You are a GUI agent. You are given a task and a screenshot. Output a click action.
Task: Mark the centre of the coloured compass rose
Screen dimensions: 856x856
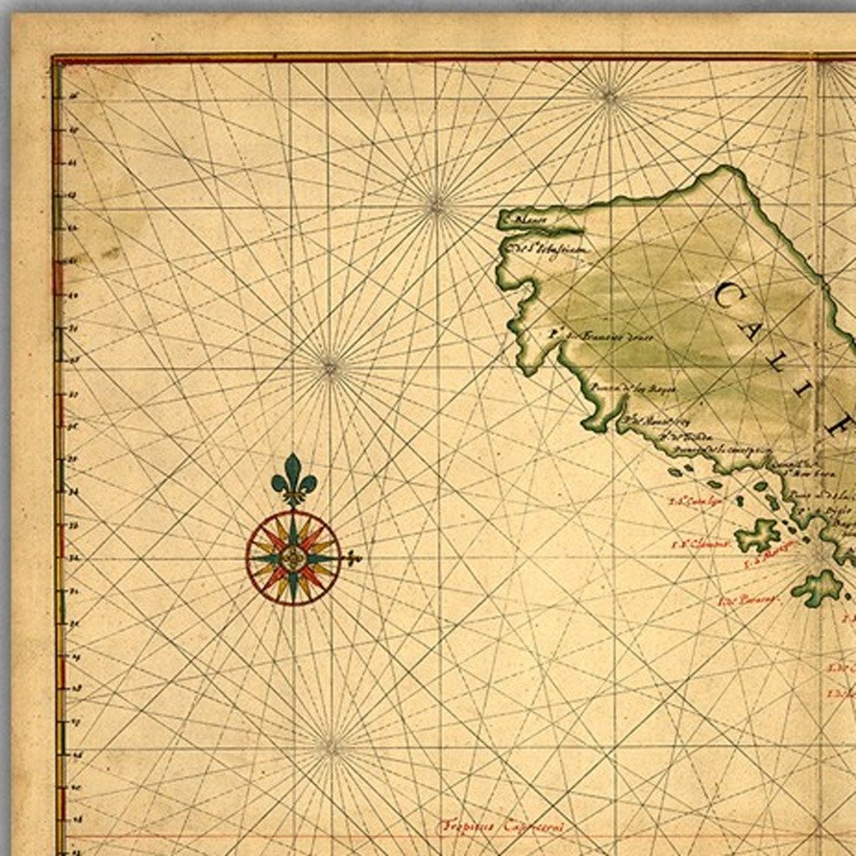click(x=294, y=558)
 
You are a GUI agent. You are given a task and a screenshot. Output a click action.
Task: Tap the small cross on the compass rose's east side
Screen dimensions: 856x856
click(x=352, y=559)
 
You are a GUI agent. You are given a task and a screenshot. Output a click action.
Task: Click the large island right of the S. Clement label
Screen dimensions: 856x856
click(x=758, y=536)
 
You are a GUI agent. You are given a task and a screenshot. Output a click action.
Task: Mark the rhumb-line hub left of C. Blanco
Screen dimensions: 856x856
click(x=437, y=204)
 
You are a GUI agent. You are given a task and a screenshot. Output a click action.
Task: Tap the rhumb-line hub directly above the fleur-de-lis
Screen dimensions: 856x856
click(x=330, y=368)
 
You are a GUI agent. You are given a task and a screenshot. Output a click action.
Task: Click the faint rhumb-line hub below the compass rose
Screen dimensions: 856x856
click(x=330, y=747)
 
